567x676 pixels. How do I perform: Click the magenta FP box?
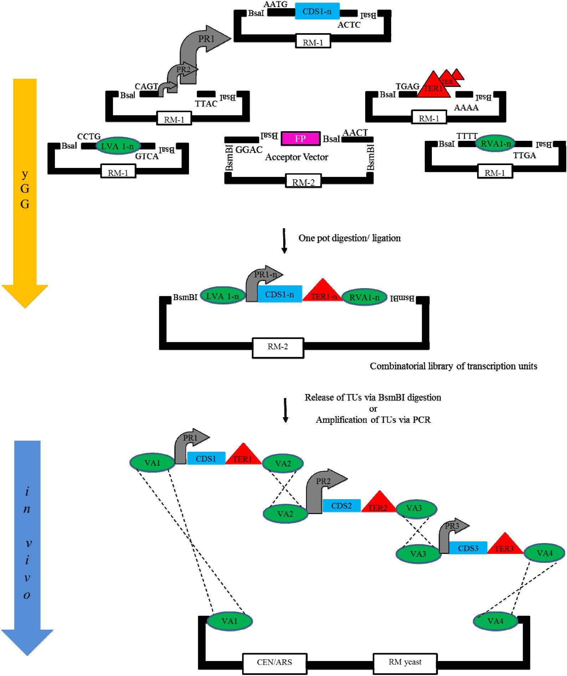click(x=300, y=138)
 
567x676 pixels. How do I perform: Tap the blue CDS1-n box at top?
click(x=317, y=12)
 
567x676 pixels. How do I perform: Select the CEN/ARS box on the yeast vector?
click(x=275, y=662)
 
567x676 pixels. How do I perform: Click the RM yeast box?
click(x=405, y=662)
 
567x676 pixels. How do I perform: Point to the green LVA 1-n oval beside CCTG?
click(x=117, y=146)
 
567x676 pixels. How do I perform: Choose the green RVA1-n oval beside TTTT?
click(x=496, y=144)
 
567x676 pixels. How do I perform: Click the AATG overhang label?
click(x=275, y=4)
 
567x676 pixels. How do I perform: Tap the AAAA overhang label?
click(x=466, y=108)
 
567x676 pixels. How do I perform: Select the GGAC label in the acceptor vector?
click(x=249, y=150)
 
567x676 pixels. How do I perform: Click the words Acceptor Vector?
click(x=296, y=157)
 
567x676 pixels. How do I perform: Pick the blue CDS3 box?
click(x=468, y=548)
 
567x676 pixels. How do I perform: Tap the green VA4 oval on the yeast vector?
click(x=495, y=621)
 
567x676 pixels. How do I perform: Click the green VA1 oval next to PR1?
click(x=152, y=463)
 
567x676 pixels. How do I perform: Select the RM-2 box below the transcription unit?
click(x=278, y=347)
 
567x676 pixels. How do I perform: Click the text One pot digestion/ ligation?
click(x=349, y=238)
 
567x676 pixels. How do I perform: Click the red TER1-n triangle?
click(x=323, y=292)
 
